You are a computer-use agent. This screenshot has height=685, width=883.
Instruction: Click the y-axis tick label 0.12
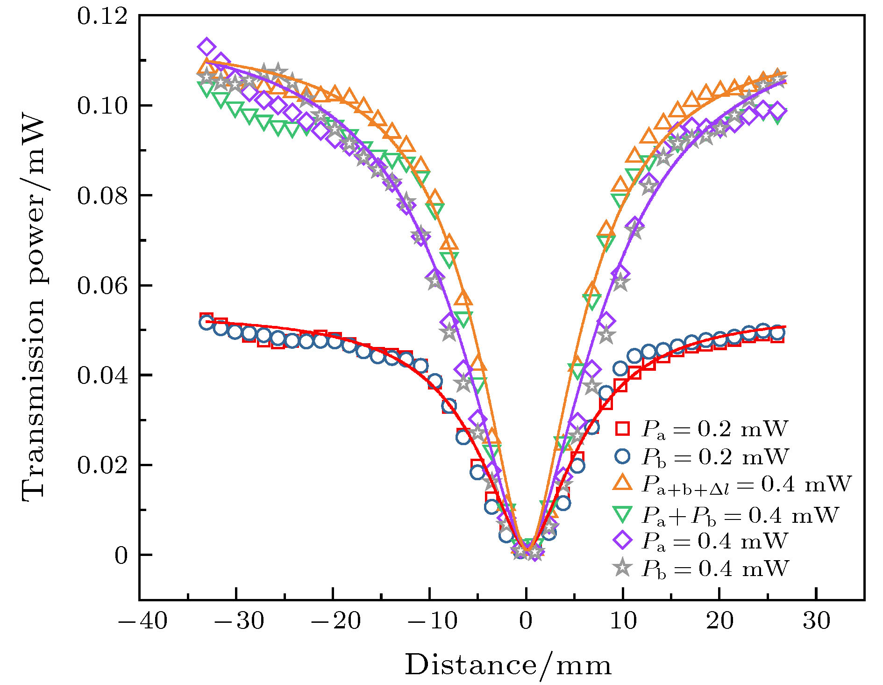[102, 17]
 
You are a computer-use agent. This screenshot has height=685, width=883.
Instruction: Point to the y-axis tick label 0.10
[102, 106]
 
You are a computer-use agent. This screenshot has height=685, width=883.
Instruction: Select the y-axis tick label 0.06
[102, 286]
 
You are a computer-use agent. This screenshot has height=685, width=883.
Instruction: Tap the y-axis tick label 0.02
[102, 466]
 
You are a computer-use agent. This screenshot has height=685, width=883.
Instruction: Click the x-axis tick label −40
[143, 621]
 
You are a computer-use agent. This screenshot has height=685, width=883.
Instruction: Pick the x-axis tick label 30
[816, 621]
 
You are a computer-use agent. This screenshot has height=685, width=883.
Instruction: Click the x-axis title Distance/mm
[508, 665]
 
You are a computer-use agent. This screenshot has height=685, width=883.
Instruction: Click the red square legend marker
[622, 428]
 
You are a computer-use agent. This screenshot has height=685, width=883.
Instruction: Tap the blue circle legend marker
[622, 456]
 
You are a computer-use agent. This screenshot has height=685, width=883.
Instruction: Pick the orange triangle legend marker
[622, 483]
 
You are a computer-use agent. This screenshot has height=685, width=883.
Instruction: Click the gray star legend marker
[622, 569]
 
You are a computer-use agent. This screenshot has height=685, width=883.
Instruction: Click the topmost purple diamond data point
[206, 47]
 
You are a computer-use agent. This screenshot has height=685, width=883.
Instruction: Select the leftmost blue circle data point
[206, 322]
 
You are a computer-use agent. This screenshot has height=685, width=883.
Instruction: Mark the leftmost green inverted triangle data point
[206, 88]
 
